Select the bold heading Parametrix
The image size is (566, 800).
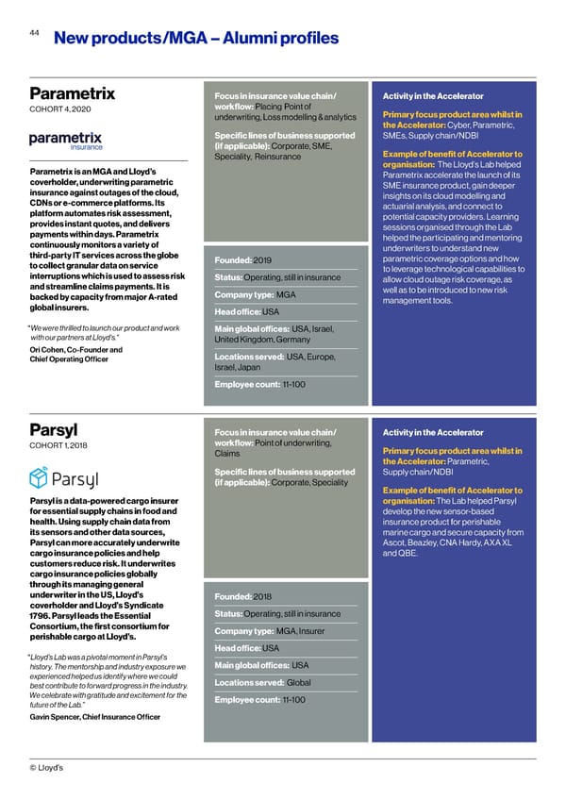[x=72, y=93]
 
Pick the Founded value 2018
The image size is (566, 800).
[x=262, y=596]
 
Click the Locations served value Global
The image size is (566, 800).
[x=298, y=682]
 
